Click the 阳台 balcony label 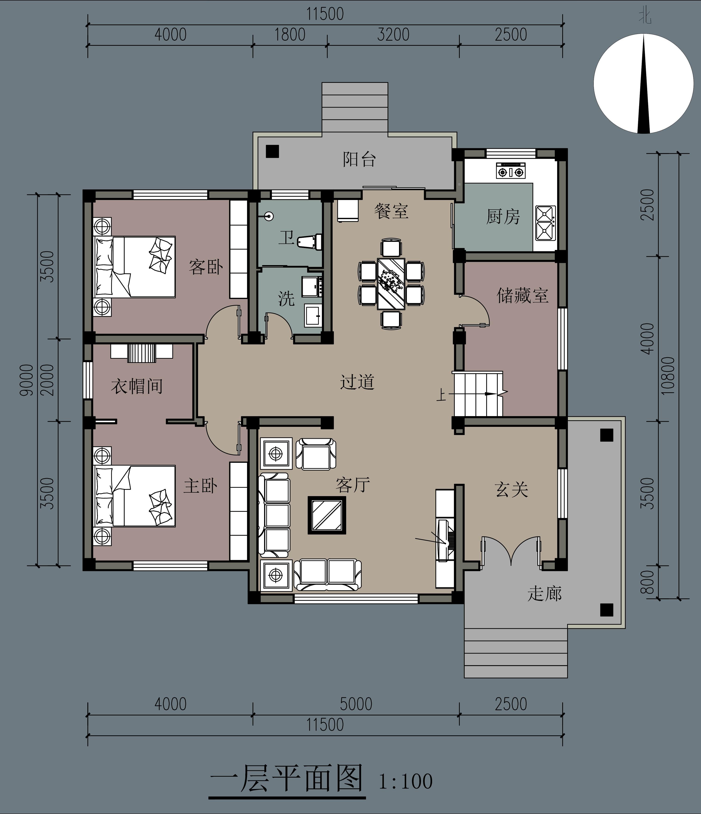pyautogui.click(x=359, y=159)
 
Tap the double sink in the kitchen pyautogui.click(x=545, y=223)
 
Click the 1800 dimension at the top pyautogui.click(x=290, y=35)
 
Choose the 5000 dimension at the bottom pyautogui.click(x=356, y=704)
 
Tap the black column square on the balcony pyautogui.click(x=272, y=151)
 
